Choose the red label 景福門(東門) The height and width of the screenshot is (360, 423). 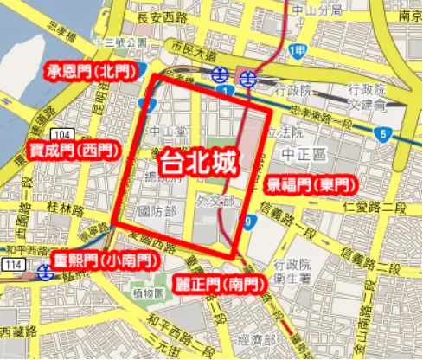310,183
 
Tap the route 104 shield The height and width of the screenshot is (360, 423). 62,136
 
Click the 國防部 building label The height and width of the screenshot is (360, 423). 156,211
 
